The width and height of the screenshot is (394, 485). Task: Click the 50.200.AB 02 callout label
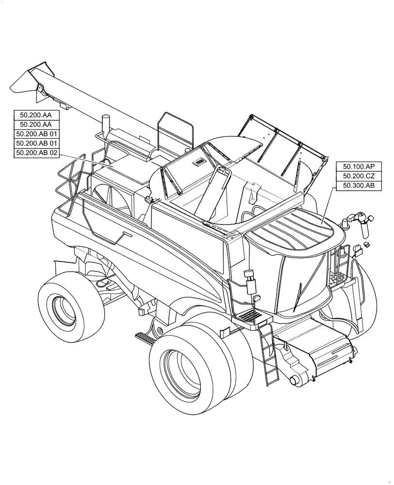click(37, 153)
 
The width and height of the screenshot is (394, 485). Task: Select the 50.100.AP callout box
click(356, 166)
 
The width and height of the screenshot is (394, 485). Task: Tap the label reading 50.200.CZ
click(356, 176)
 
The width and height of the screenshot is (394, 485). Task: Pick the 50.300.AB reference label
click(356, 185)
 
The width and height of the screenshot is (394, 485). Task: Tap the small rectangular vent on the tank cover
click(199, 162)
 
